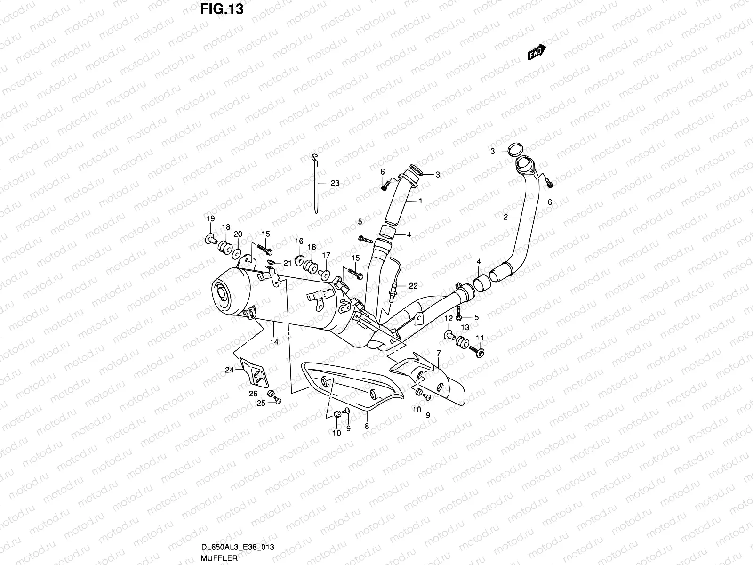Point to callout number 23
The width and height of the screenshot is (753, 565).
(x=335, y=184)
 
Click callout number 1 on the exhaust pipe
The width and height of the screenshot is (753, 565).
(x=420, y=201)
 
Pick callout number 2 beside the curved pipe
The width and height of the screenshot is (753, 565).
(x=505, y=217)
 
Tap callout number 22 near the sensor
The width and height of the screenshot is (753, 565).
(x=413, y=286)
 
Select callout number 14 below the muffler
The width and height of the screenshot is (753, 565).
(x=274, y=342)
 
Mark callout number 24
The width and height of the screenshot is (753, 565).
(x=229, y=370)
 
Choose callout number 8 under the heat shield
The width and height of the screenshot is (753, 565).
(x=367, y=427)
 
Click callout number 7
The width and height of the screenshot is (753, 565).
(x=438, y=353)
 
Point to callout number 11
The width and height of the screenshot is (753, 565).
(x=480, y=338)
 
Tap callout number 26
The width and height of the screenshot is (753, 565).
(x=252, y=394)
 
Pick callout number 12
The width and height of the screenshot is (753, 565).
(x=448, y=319)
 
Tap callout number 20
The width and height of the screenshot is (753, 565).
(x=238, y=234)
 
